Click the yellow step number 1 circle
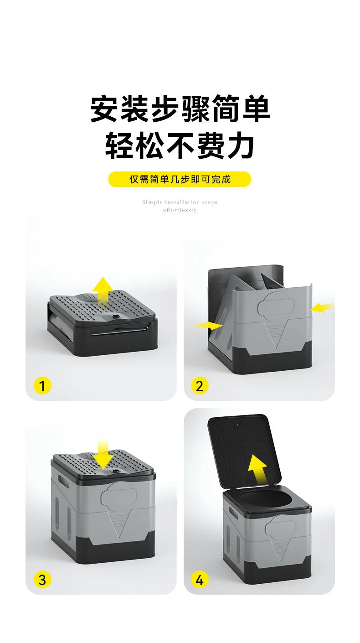click(x=42, y=386)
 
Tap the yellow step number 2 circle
click(x=199, y=386)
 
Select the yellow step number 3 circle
click(x=42, y=580)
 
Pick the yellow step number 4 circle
click(x=199, y=580)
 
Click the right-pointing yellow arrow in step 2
click(x=208, y=325)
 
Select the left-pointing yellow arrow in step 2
click(x=322, y=308)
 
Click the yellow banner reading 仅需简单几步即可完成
click(x=180, y=179)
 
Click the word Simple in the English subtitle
click(x=152, y=202)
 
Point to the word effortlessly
click(x=180, y=210)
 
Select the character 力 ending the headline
click(x=240, y=145)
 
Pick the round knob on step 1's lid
click(x=112, y=316)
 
